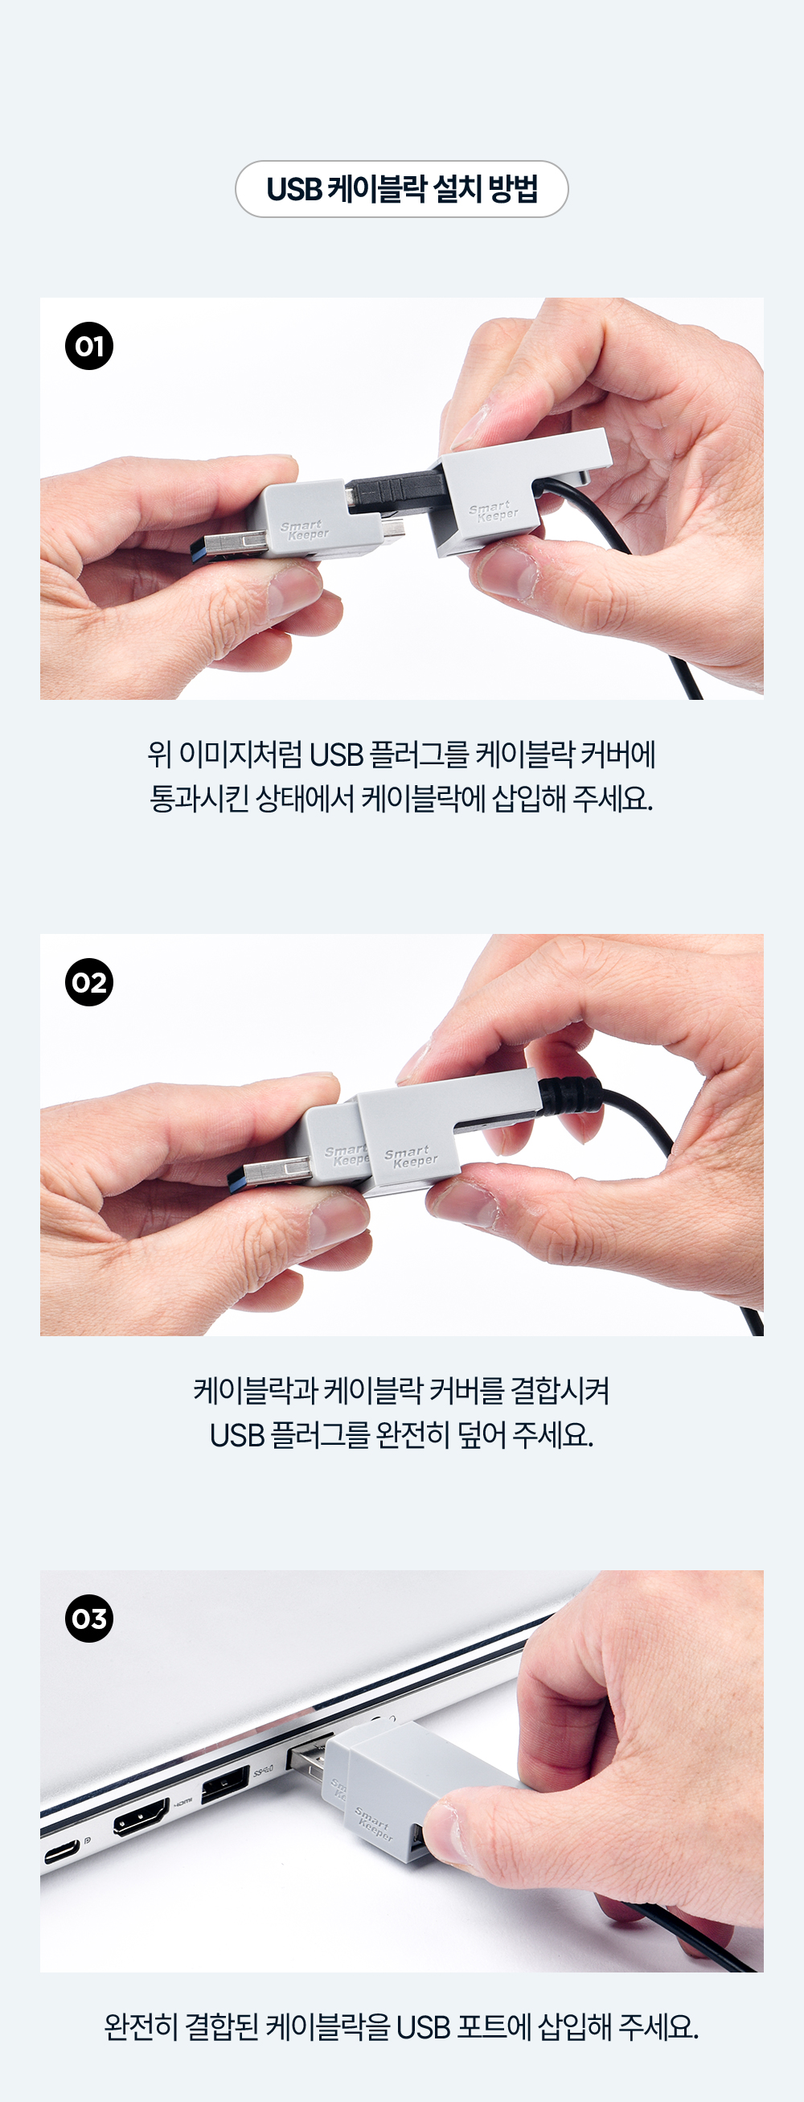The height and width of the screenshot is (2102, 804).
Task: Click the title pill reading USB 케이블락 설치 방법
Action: pos(401,189)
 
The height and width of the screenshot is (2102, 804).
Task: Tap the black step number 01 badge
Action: pos(89,346)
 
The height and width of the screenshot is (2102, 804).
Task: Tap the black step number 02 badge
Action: pos(89,982)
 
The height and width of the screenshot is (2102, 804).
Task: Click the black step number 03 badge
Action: pos(89,1619)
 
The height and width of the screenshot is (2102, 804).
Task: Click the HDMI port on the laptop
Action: pos(141,1817)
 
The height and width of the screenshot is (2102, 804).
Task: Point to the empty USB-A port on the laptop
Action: pos(225,1783)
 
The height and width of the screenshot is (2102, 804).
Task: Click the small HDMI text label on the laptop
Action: pos(183,1801)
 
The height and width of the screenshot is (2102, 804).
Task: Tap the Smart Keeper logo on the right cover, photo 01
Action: pos(494,512)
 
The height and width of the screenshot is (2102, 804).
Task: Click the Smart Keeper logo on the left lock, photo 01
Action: pos(304,530)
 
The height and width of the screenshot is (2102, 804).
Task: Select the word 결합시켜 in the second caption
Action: pos(560,1390)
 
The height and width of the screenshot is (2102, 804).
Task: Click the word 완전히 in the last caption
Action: pos(141,2027)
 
